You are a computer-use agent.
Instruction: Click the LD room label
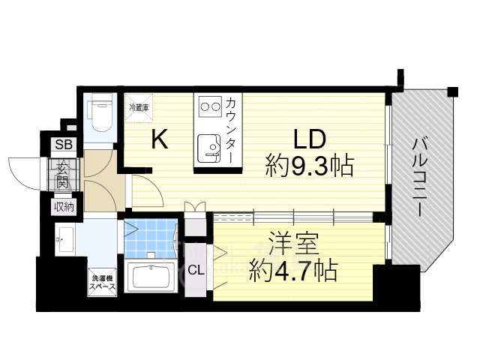point(307,139)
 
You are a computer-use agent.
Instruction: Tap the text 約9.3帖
point(309,166)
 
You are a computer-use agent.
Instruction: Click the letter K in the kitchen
point(159,139)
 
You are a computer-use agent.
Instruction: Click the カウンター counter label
point(232,129)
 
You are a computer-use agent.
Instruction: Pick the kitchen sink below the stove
point(206,146)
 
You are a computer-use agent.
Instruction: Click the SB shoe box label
point(62,145)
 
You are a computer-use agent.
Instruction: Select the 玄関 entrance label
point(63,177)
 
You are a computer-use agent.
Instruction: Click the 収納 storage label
point(63,206)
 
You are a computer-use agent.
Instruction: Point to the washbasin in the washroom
point(64,241)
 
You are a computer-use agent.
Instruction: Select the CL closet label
point(193,269)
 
